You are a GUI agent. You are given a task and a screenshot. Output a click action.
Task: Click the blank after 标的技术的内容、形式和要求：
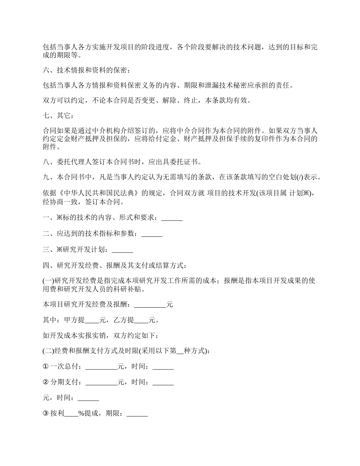[172, 218]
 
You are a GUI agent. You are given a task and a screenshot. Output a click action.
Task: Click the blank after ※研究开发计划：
[123, 250]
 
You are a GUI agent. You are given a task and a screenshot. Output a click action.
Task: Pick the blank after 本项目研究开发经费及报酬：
[150, 304]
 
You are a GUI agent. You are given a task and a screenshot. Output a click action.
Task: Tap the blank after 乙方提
[141, 320]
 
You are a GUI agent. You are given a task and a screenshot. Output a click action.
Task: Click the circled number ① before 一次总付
[46, 366]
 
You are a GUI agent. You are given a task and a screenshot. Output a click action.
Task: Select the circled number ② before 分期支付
[46, 382]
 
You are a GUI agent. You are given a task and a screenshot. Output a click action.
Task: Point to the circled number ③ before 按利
[46, 414]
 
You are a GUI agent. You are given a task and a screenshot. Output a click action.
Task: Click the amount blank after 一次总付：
[102, 366]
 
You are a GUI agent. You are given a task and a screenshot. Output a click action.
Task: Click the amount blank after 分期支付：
[102, 382]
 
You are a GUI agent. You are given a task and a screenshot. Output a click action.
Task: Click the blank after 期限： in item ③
[137, 414]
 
